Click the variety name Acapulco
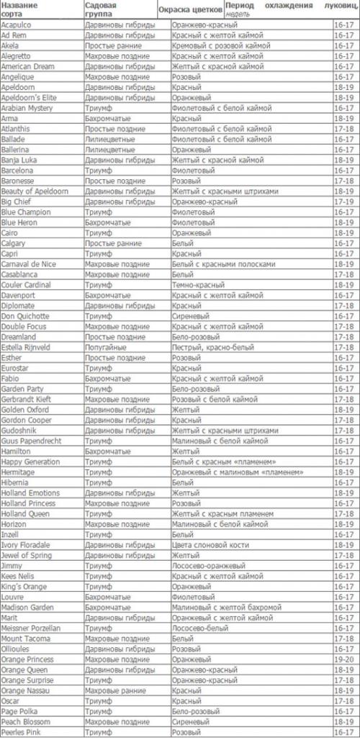click(17, 24)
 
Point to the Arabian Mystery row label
click(27, 108)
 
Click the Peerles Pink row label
click(22, 732)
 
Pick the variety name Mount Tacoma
click(25, 638)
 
